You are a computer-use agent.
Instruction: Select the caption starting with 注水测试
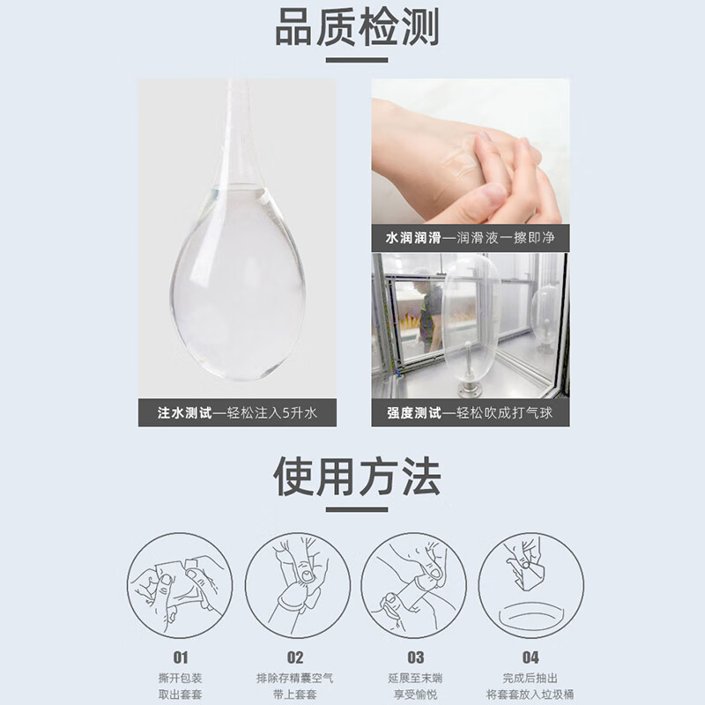click(x=236, y=412)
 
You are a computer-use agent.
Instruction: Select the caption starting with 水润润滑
click(x=470, y=238)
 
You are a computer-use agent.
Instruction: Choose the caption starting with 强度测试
click(x=470, y=412)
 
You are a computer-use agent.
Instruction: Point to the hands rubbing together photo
click(x=470, y=159)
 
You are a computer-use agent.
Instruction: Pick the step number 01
click(x=180, y=657)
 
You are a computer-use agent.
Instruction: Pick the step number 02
click(x=296, y=657)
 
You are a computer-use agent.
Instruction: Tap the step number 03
click(x=415, y=657)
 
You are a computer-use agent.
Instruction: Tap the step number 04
click(x=531, y=657)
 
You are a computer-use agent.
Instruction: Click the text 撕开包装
click(x=180, y=679)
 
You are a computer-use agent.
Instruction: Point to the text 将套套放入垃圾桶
click(x=531, y=695)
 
